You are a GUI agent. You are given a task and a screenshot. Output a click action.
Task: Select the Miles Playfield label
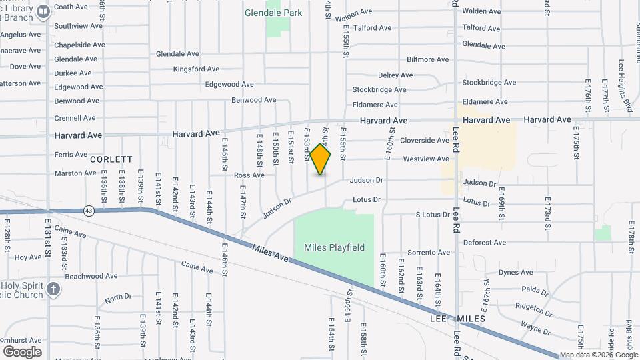click(x=334, y=247)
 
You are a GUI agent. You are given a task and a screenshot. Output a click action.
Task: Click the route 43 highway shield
click(x=89, y=211)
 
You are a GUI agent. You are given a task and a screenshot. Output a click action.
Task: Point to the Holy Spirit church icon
click(x=53, y=289)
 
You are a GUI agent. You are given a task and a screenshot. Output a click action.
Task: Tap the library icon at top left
click(x=43, y=11)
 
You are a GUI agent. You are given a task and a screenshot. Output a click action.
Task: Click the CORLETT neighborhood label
click(x=111, y=160)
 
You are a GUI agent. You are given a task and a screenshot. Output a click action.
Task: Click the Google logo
click(x=22, y=351)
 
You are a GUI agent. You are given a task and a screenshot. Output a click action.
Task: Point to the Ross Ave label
click(x=249, y=175)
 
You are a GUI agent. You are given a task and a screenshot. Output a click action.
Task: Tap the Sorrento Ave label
click(x=429, y=253)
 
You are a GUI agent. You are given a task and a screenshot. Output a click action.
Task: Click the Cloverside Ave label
click(x=425, y=141)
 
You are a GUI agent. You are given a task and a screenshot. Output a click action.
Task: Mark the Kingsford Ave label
click(x=196, y=69)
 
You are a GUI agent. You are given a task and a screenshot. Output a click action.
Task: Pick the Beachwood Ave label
click(x=91, y=276)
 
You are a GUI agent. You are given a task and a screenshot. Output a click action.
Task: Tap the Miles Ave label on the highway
click(x=271, y=253)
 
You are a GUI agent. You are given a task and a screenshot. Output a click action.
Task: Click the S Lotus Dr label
click(x=433, y=215)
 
